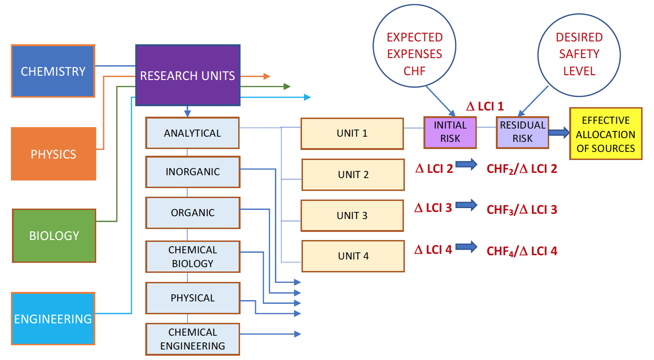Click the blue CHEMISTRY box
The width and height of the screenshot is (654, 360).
[53, 71]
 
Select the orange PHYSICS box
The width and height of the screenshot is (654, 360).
[53, 154]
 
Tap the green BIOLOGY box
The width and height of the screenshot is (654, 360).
[54, 235]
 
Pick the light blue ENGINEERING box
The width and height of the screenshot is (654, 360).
[53, 318]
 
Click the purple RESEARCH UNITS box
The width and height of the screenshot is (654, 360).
[188, 75]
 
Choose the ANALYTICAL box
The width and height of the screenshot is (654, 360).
[192, 133]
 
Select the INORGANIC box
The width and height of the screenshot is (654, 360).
[192, 171]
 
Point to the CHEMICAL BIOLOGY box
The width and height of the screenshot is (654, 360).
[192, 257]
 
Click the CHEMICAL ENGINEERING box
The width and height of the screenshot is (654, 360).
[192, 339]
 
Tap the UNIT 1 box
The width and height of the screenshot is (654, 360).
[352, 133]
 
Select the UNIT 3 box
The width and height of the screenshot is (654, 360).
[352, 215]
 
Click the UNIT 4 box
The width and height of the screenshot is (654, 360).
[353, 256]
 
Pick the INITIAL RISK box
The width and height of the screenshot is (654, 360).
[450, 132]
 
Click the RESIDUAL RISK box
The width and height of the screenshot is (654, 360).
[523, 132]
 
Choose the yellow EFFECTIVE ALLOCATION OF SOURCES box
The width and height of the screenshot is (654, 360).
[605, 134]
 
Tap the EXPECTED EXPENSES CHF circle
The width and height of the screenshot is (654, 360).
[414, 54]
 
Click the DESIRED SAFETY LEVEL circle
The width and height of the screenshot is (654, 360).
[579, 54]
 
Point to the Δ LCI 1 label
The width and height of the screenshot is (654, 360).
[484, 106]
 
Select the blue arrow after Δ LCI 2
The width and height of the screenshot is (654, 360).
[466, 165]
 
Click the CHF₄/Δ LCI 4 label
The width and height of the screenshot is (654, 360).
[522, 250]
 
